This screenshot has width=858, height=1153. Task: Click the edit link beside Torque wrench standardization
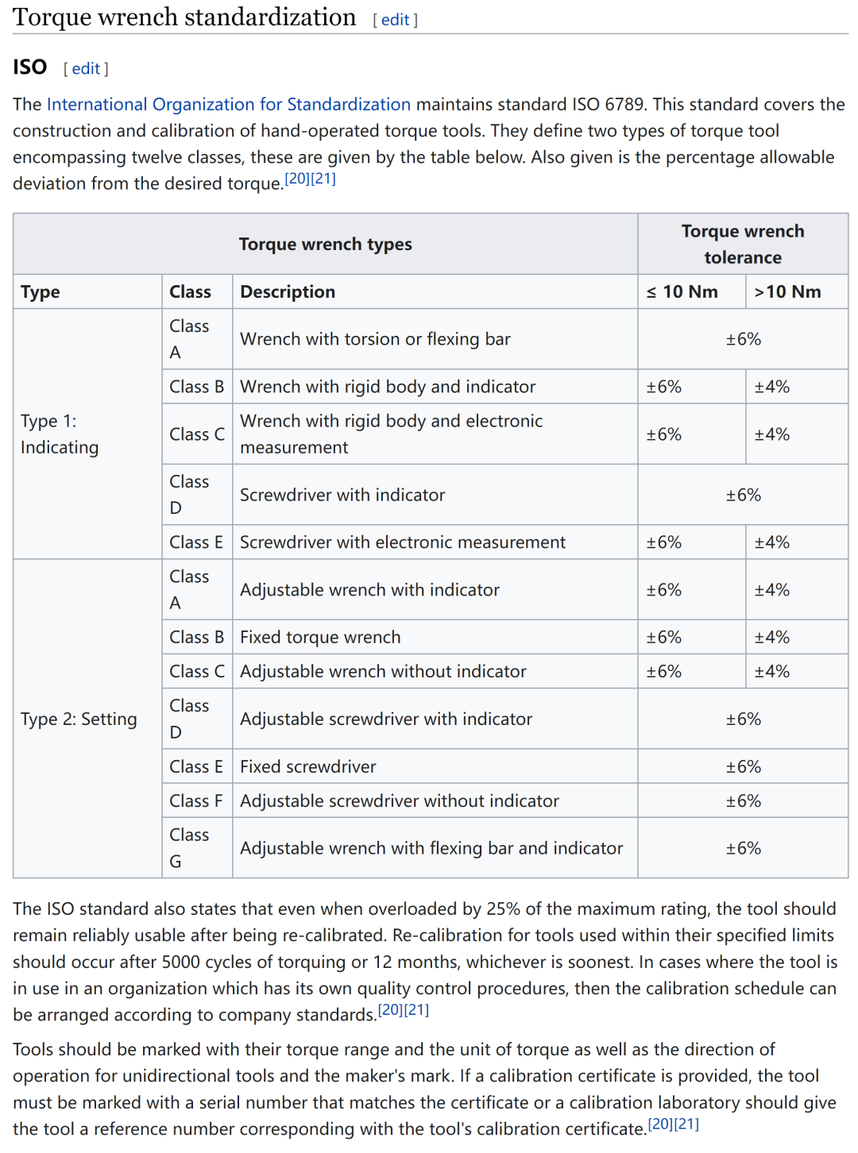pyautogui.click(x=395, y=20)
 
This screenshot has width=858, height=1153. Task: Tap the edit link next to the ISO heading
pyautogui.click(x=86, y=69)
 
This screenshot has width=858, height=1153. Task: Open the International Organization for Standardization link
pyautogui.click(x=229, y=105)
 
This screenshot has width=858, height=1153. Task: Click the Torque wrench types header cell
pyautogui.click(x=325, y=245)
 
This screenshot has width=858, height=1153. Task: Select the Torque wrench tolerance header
pyautogui.click(x=743, y=245)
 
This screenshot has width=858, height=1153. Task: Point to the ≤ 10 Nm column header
pyautogui.click(x=682, y=292)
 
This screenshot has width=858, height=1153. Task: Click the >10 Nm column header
pyautogui.click(x=787, y=292)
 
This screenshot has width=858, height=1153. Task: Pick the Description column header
pyautogui.click(x=288, y=292)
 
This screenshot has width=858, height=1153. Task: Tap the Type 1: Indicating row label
pyautogui.click(x=60, y=434)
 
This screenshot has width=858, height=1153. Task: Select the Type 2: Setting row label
pyautogui.click(x=79, y=719)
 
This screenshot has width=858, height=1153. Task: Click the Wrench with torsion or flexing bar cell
pyautogui.click(x=375, y=339)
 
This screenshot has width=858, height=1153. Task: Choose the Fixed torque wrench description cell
pyautogui.click(x=320, y=638)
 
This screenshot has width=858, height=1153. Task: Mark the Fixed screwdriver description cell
pyautogui.click(x=308, y=767)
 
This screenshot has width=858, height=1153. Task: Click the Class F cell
pyautogui.click(x=195, y=801)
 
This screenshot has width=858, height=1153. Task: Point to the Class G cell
pyautogui.click(x=189, y=848)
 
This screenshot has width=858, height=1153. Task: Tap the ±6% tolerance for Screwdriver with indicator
pyautogui.click(x=743, y=496)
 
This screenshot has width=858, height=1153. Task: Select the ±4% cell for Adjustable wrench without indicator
pyautogui.click(x=772, y=672)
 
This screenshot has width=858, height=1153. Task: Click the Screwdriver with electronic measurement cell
pyautogui.click(x=403, y=542)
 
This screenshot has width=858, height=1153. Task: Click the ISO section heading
pyautogui.click(x=30, y=67)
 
